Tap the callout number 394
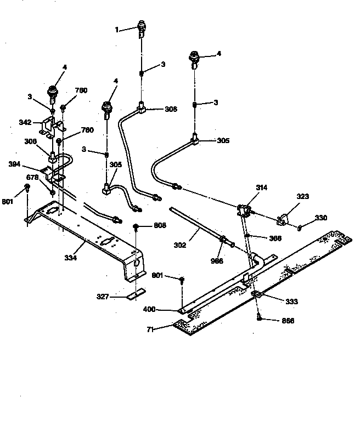[15, 164]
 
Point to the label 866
[287, 321]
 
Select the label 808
[160, 225]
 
